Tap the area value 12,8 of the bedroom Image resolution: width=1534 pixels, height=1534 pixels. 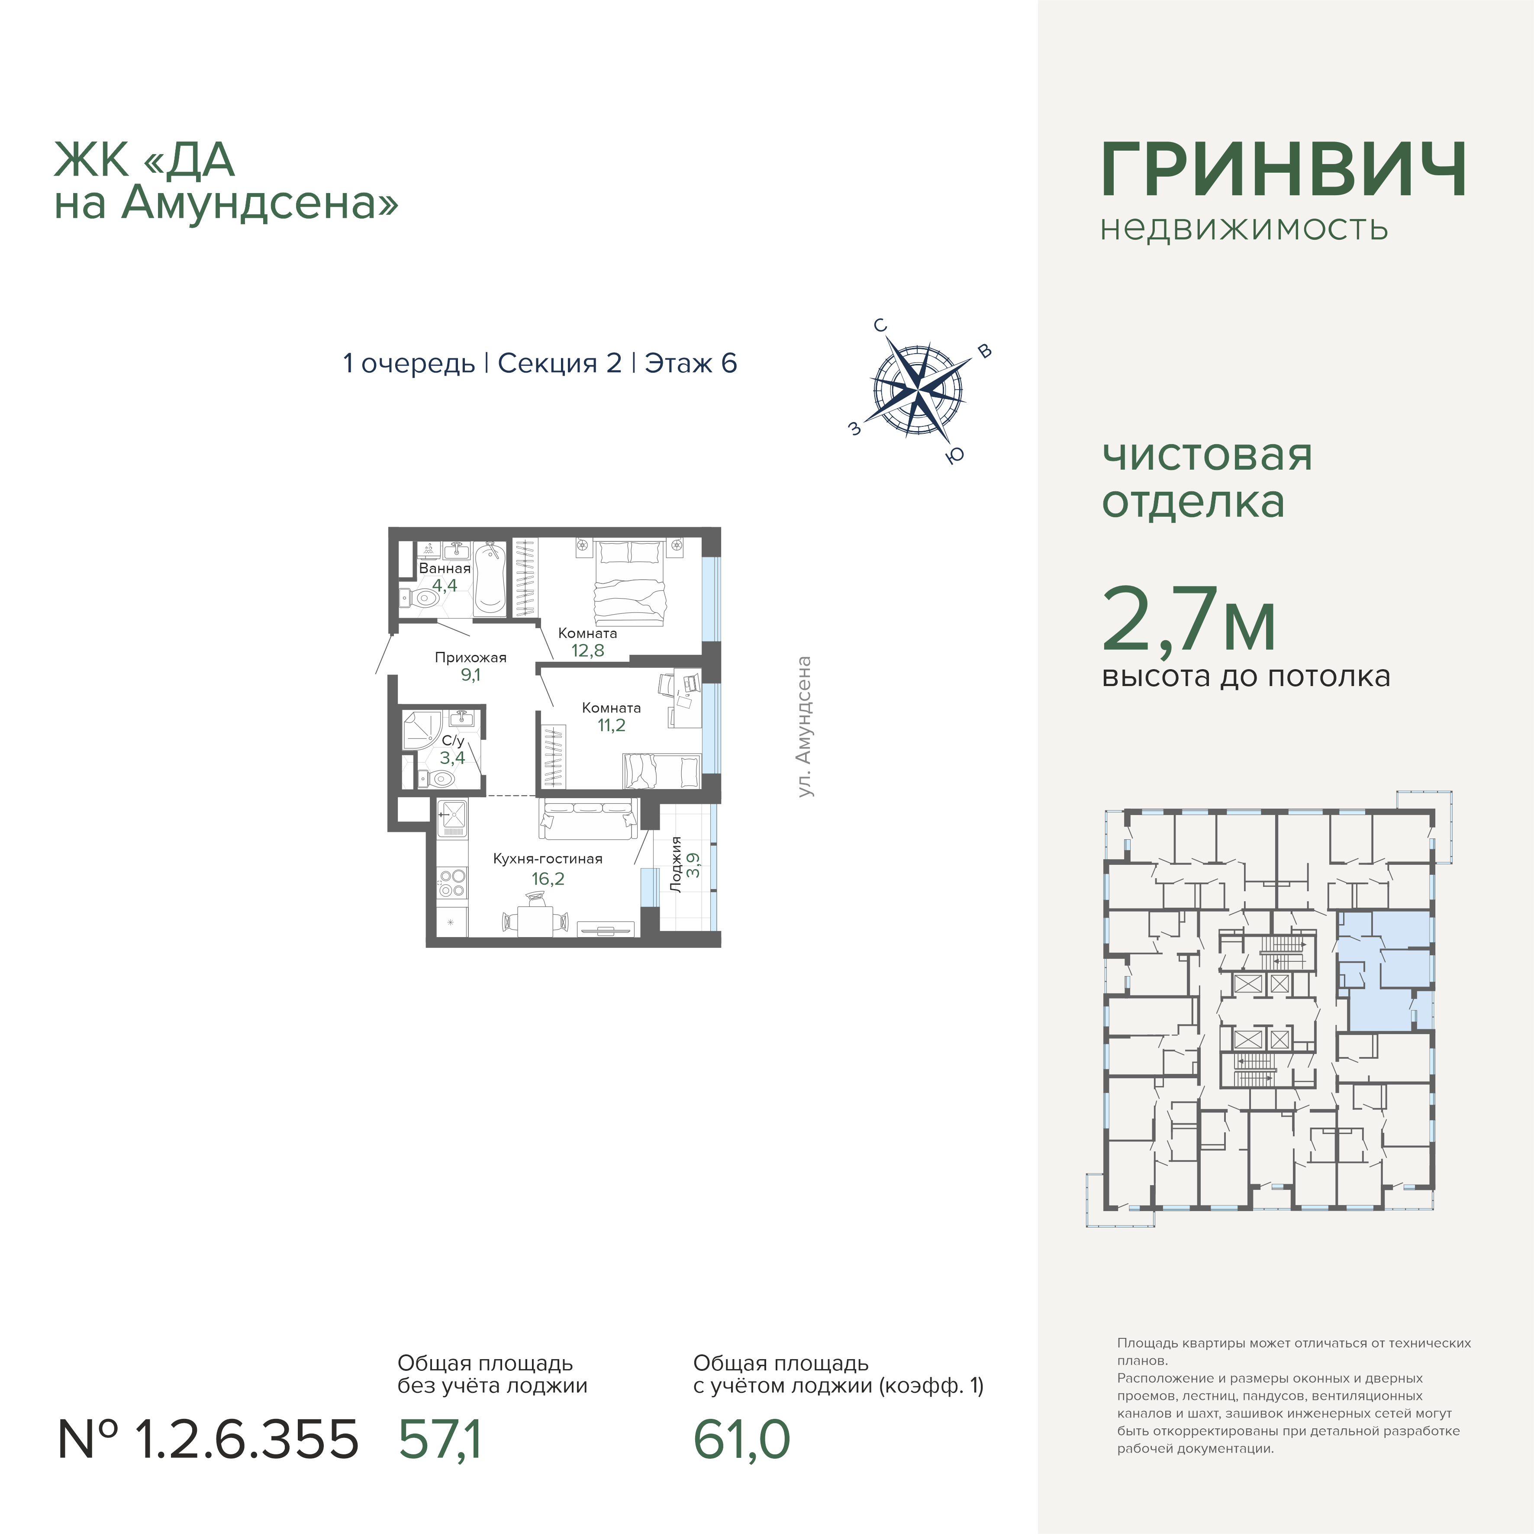click(587, 650)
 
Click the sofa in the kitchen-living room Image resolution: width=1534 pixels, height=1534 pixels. click(587, 818)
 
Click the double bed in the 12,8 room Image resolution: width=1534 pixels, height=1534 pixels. click(630, 582)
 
